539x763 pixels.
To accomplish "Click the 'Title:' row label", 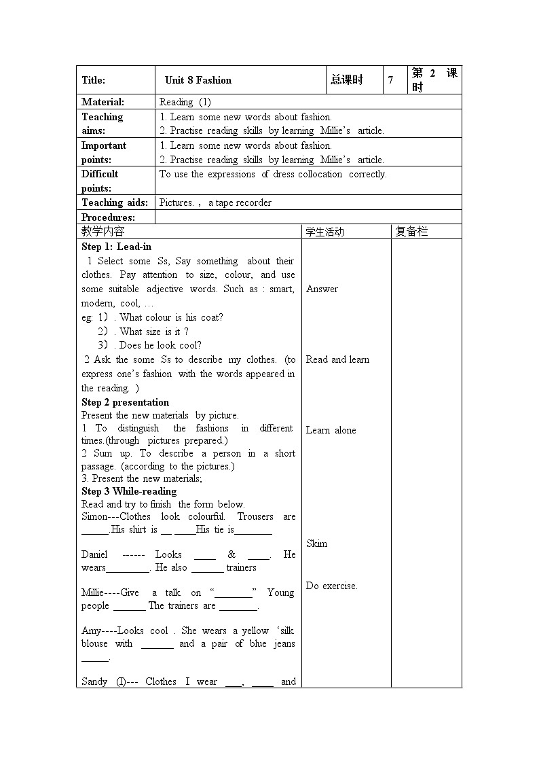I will click(x=94, y=80).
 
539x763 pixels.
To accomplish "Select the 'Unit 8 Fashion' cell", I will click(x=198, y=80).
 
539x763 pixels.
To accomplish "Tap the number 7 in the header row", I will click(x=390, y=80).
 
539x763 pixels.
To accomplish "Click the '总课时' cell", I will click(x=347, y=80).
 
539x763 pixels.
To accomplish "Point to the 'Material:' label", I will click(x=103, y=102).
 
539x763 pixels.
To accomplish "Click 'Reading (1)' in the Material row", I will click(x=185, y=102).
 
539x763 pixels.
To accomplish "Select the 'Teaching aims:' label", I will click(x=103, y=124).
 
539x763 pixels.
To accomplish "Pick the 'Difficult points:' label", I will click(x=100, y=181).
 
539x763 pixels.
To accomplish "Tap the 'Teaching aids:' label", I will click(x=114, y=202).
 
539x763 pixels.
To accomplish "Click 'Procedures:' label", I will click(x=108, y=217).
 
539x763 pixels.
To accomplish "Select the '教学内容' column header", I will click(x=103, y=232).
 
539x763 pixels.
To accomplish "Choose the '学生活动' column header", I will click(x=325, y=232).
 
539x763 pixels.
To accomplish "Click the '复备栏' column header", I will click(x=412, y=232).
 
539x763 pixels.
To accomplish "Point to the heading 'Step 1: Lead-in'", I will click(x=116, y=247).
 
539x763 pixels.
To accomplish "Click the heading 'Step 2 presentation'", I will click(x=125, y=402).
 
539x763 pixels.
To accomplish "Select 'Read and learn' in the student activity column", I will click(x=337, y=359).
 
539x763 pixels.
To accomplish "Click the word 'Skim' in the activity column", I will click(x=316, y=544).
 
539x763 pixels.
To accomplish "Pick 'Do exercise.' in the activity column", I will click(x=331, y=586).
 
